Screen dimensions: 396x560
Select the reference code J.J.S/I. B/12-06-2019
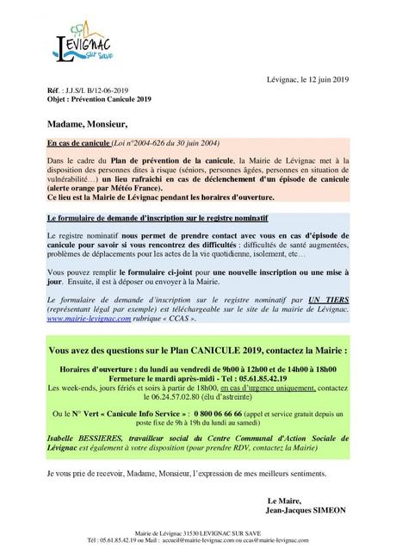(x=83, y=89)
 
